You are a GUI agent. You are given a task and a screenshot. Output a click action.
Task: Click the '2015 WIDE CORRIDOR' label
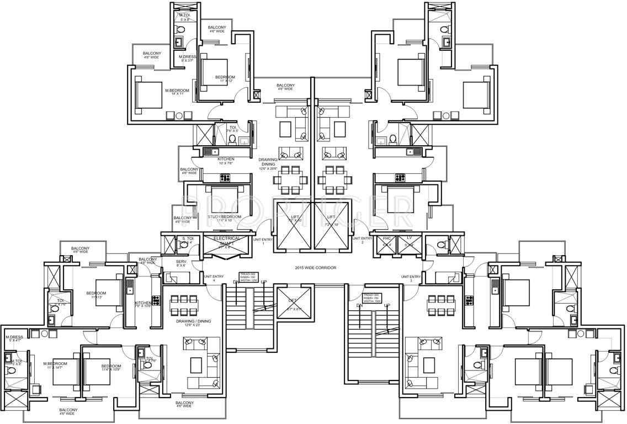click(x=316, y=268)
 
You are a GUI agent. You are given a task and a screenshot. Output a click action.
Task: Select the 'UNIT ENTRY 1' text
click(x=263, y=241)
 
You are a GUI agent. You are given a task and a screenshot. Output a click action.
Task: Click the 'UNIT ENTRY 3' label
click(x=411, y=278)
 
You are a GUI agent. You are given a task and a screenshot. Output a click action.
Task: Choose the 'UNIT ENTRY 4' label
click(x=214, y=278)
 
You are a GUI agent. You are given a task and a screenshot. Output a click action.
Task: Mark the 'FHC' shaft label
click(x=386, y=239)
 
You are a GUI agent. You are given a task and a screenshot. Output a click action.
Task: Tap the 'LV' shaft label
click(x=409, y=239)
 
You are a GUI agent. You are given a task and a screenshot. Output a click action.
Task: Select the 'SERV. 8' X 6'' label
click(x=181, y=263)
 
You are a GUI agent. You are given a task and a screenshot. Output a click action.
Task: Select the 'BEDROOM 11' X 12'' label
click(x=225, y=79)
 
